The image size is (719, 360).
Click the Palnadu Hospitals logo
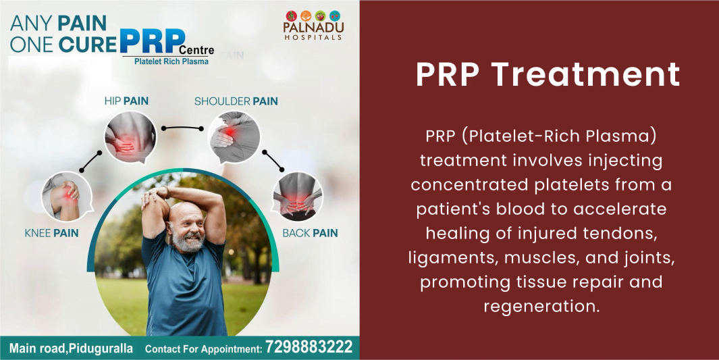pos(314,25)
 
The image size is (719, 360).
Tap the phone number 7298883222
pos(309,346)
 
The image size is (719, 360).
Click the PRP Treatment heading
pos(548,74)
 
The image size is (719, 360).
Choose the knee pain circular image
pos(67,197)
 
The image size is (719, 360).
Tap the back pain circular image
pos(297,197)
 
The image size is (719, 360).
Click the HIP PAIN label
pos(126,101)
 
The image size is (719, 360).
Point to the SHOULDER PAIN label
pos(236,101)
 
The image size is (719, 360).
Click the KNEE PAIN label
pos(52,233)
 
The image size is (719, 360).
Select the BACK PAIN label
pos(310,233)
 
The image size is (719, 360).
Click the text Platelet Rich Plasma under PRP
pos(171,61)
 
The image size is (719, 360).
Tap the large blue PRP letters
pos(152,41)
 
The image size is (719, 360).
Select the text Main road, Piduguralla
pos(71,348)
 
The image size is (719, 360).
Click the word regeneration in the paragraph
pos(541,305)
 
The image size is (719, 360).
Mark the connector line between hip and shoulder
pos(182,128)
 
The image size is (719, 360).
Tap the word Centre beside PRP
pos(196,49)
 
